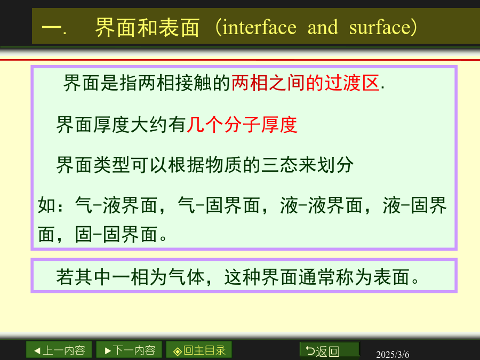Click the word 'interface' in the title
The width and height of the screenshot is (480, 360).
coord(260,27)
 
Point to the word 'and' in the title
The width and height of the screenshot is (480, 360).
coord(323,27)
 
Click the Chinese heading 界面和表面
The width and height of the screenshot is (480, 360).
coord(147,27)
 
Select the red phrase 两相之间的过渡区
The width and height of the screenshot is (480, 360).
coord(306,83)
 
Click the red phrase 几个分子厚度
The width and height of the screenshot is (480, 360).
coord(242,125)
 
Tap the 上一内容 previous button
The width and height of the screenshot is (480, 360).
coord(59,350)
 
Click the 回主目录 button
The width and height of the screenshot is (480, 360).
coord(199,350)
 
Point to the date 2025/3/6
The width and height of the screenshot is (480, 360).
coord(393,354)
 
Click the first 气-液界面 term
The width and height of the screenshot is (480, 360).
coord(116,205)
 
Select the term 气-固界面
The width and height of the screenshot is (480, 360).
coord(219,205)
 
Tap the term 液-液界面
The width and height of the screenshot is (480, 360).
coord(322,205)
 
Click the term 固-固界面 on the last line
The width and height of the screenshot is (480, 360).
coord(116,235)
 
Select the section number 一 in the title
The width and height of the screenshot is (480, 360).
coord(51,27)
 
